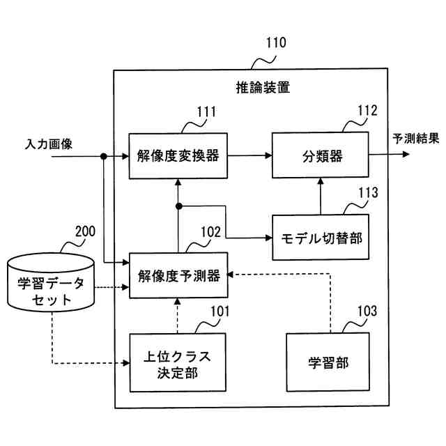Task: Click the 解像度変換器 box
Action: tap(178, 156)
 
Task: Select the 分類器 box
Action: tap(321, 155)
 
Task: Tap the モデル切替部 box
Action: tap(321, 237)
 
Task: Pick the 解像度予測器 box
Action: tap(178, 275)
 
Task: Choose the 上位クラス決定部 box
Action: tap(178, 362)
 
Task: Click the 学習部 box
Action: tap(328, 362)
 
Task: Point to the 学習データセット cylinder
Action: tap(51, 282)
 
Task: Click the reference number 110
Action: tap(276, 43)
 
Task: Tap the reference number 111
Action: tap(206, 111)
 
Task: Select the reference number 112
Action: tap(367, 111)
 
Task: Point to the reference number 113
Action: tap(368, 193)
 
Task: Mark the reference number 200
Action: tap(85, 231)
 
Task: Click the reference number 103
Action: tap(367, 312)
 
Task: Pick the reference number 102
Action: tap(210, 232)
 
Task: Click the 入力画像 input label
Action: tap(49, 144)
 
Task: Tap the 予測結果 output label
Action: tap(416, 139)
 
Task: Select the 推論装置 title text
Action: tap(263, 87)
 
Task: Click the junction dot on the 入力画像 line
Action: tap(104, 156)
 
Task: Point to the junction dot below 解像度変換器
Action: tap(178, 206)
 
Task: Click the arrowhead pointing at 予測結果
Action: tap(406, 155)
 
